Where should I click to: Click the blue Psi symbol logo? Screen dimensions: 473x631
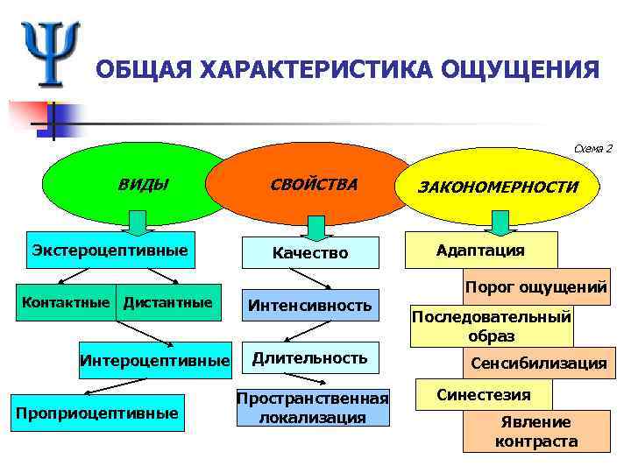pos(51,53)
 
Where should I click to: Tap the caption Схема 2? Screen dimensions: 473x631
pos(593,148)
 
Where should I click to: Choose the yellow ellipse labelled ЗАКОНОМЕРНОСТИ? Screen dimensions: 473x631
pos(497,187)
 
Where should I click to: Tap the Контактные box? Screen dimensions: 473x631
pos(67,303)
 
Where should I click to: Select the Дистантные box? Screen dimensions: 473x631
pos(168,303)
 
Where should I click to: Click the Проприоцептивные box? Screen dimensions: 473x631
pos(96,413)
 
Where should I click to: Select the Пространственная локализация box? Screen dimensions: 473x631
pos(312,408)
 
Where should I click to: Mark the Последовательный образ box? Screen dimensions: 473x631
pos(491,326)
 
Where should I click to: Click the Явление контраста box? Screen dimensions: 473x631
pos(535,432)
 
